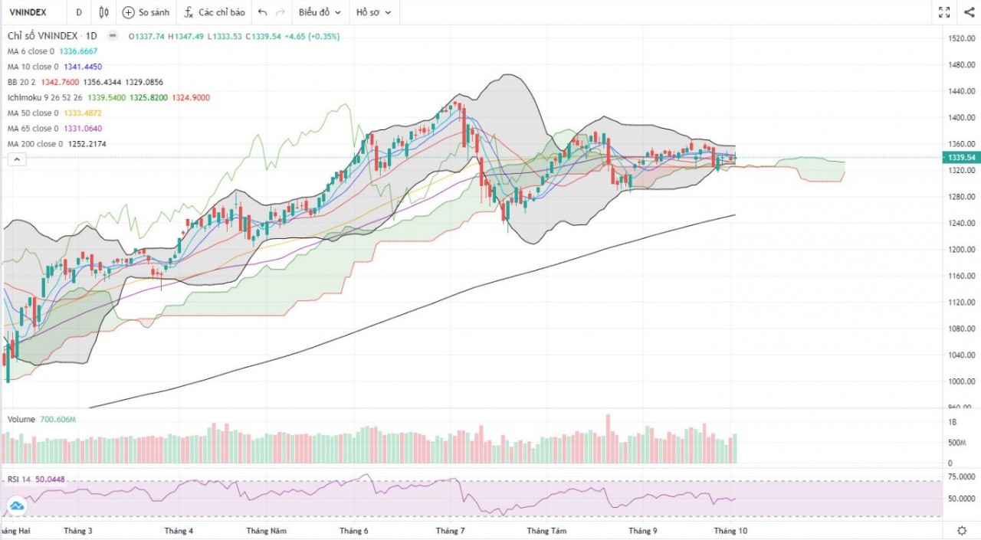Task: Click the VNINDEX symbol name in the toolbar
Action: (x=28, y=12)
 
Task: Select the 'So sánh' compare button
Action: (x=146, y=12)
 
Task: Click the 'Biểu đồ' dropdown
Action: (x=320, y=12)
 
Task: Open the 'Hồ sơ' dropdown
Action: (x=373, y=12)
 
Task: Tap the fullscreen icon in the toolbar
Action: (x=944, y=12)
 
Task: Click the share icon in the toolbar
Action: (x=969, y=12)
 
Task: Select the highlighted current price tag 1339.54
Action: (x=961, y=157)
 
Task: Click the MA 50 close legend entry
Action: (x=31, y=113)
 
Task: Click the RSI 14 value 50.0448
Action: (x=51, y=479)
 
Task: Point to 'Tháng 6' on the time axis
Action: (x=353, y=530)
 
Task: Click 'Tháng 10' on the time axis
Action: (x=730, y=530)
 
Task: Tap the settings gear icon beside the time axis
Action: (x=962, y=530)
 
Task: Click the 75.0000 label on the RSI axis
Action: (x=961, y=476)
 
